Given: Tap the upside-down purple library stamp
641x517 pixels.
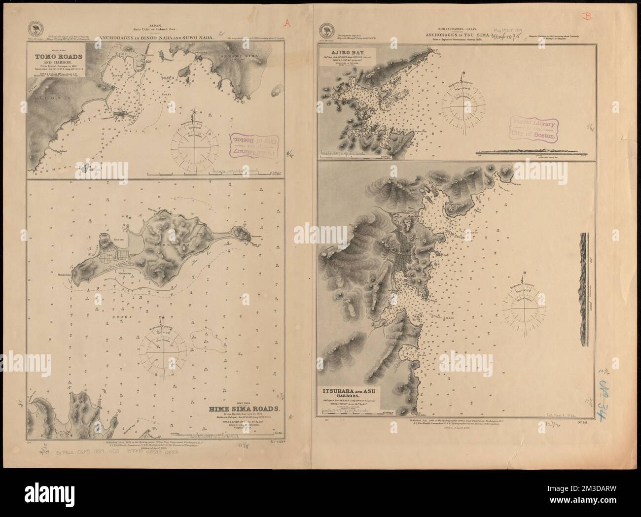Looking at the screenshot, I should click(247, 148).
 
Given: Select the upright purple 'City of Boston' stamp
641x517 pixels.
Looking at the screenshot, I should click(533, 128).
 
